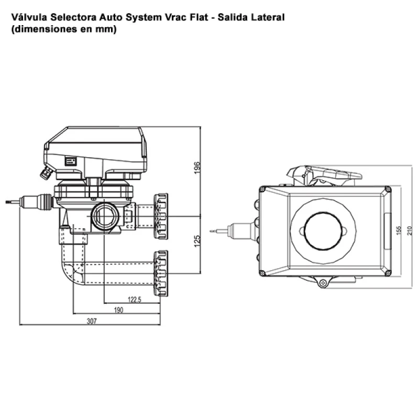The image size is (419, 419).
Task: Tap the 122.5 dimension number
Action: tap(135, 299)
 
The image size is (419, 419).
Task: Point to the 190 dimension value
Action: tap(118, 311)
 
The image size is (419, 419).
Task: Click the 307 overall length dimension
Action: tap(92, 322)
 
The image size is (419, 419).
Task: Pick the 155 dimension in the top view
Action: tap(399, 230)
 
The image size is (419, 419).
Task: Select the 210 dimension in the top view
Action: tap(410, 230)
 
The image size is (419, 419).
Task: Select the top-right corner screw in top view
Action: tap(387, 189)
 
